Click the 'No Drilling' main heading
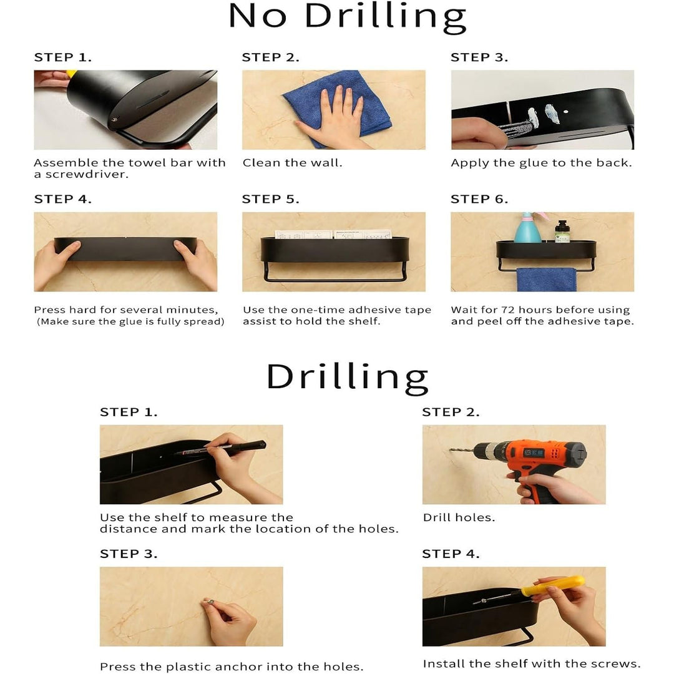tap(348, 17)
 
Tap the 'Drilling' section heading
tap(348, 378)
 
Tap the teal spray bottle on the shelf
tap(528, 228)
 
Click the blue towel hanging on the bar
tap(546, 280)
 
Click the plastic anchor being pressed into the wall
tap(209, 601)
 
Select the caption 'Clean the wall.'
tap(292, 163)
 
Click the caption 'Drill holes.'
tap(459, 517)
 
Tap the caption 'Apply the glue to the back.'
tap(541, 164)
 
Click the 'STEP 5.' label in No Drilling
tap(270, 200)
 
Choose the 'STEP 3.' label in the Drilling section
tap(129, 554)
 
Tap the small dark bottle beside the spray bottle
tap(562, 232)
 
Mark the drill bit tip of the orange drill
tap(451, 450)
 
